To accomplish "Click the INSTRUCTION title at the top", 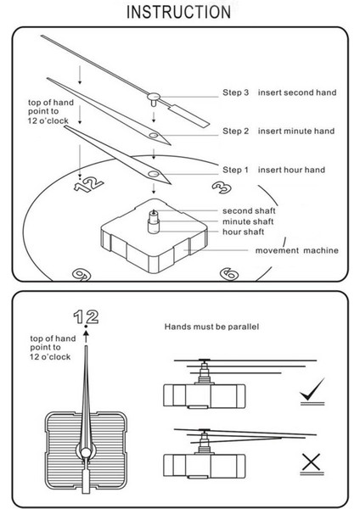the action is click(x=178, y=12).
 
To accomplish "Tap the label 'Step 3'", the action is click(x=235, y=92).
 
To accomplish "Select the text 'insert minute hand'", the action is click(x=296, y=131).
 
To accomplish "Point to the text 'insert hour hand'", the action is click(x=291, y=170).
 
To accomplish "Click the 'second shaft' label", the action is click(x=249, y=210).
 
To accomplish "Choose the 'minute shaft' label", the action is click(x=248, y=221).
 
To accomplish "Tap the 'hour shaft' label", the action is click(x=244, y=232).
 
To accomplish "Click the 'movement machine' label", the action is click(x=296, y=250).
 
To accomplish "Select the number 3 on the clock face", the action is click(x=222, y=187).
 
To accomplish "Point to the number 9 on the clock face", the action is click(x=82, y=275).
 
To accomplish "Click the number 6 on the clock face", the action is click(x=229, y=274).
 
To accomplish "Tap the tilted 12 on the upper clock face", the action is click(x=88, y=185).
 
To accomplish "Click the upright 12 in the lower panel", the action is click(x=86, y=316).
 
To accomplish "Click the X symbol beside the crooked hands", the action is click(x=312, y=463).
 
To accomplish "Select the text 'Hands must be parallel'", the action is click(x=211, y=327).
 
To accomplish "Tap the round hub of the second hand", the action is click(x=154, y=96).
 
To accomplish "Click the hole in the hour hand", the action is click(x=154, y=174).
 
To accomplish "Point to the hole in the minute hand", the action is click(x=154, y=135).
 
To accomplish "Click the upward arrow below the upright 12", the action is click(x=86, y=337).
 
